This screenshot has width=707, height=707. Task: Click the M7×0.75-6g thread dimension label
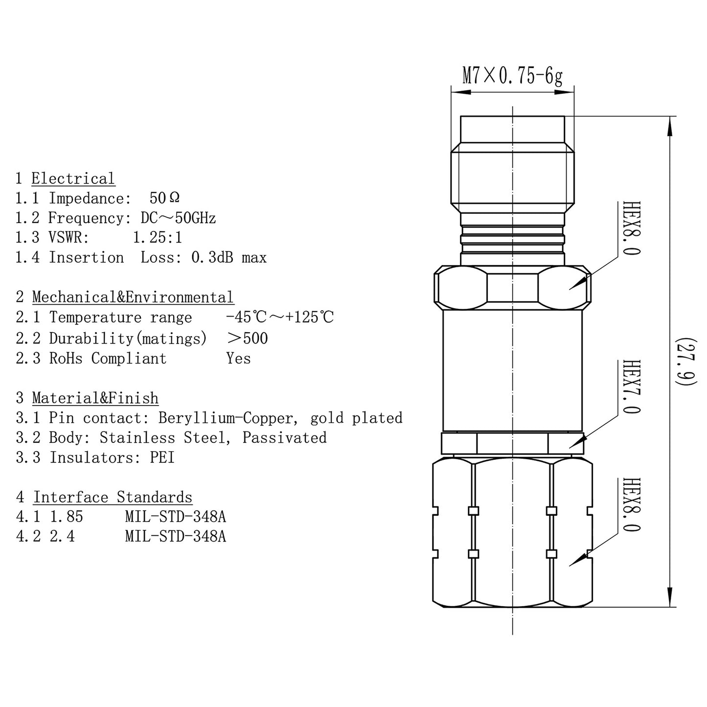(512, 76)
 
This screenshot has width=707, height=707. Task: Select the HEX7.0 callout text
(632, 387)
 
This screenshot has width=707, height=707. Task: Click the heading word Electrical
(73, 179)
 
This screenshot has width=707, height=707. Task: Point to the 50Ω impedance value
(164, 198)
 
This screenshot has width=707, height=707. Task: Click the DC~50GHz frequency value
(178, 218)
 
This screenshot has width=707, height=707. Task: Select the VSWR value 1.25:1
(157, 238)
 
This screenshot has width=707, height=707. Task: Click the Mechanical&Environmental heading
(133, 297)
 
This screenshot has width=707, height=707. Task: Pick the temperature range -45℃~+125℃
(279, 318)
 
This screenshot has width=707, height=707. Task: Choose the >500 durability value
(248, 338)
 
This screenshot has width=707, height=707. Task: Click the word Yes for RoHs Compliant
(238, 358)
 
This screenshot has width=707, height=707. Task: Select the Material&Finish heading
(95, 398)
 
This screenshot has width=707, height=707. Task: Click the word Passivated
(284, 437)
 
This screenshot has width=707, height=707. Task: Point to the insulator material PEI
(162, 457)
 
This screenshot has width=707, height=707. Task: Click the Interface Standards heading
(113, 497)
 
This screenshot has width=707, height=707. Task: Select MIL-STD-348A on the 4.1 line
(175, 517)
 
